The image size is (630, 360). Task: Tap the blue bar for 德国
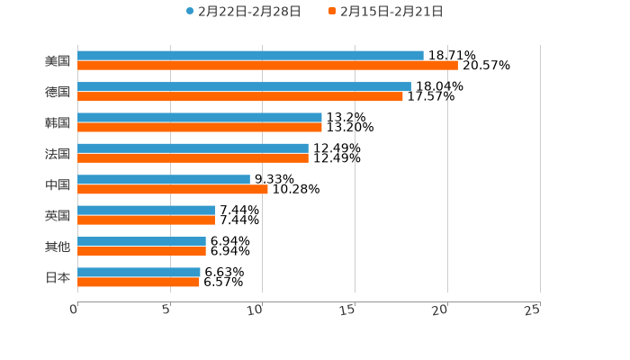click(x=244, y=86)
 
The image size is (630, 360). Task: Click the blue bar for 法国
click(x=193, y=148)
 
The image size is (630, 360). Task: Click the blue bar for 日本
click(x=139, y=272)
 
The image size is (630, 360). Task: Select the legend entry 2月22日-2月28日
click(x=243, y=12)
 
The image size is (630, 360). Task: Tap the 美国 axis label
click(x=58, y=61)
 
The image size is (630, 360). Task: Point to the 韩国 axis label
click(x=58, y=122)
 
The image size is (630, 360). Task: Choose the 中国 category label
click(x=58, y=184)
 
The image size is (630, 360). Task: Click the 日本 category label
click(x=58, y=277)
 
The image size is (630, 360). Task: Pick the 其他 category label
click(x=58, y=247)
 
